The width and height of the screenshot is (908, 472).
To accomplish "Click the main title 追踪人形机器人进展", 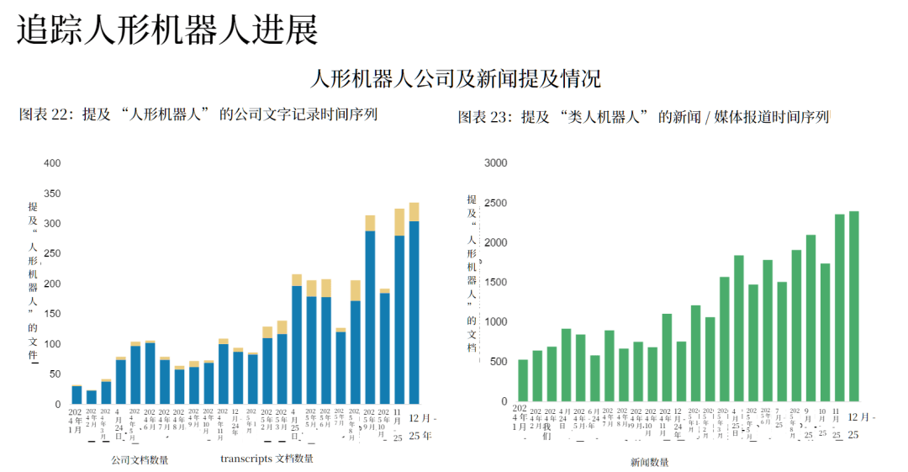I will pyautogui.click(x=168, y=31).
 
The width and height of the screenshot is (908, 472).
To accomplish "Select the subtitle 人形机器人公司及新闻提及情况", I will pyautogui.click(x=456, y=80).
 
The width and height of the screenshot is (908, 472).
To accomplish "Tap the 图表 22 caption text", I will pyautogui.click(x=198, y=115).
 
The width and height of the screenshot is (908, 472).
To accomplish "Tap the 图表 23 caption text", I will pyautogui.click(x=643, y=117).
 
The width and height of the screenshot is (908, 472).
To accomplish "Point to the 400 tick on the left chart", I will pyautogui.click(x=53, y=163).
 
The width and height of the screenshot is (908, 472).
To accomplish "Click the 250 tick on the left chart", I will pyautogui.click(x=53, y=254).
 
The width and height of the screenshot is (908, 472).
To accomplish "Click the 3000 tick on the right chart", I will pyautogui.click(x=497, y=163).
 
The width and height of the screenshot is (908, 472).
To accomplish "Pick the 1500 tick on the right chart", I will pyautogui.click(x=497, y=283).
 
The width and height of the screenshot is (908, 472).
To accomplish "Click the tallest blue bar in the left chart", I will pyautogui.click(x=414, y=311).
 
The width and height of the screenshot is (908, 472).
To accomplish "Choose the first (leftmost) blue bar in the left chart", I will pyautogui.click(x=77, y=395).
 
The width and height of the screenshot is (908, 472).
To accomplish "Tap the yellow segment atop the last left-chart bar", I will pyautogui.click(x=414, y=212).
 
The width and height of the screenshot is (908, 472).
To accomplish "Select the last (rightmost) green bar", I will pyautogui.click(x=853, y=306).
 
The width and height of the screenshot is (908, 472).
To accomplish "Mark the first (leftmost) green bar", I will pyautogui.click(x=523, y=380).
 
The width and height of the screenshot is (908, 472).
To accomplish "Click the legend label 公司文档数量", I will pyautogui.click(x=140, y=460).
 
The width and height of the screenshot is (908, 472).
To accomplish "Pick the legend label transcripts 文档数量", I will pyautogui.click(x=267, y=459).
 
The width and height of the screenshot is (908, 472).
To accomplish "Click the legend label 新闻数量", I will pyautogui.click(x=650, y=462).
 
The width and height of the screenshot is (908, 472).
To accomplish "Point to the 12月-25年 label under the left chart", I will pyautogui.click(x=422, y=426).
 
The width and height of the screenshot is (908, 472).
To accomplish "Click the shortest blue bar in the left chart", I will pyautogui.click(x=92, y=397).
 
